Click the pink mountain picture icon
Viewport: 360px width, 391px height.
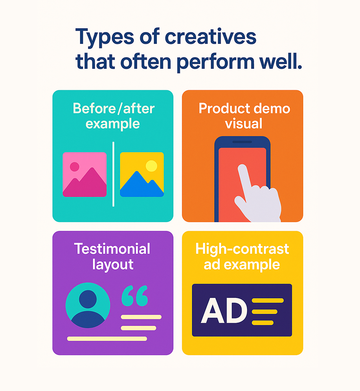(85, 174)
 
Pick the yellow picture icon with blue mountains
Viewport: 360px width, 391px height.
(142, 174)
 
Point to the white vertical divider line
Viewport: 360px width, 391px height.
(113, 174)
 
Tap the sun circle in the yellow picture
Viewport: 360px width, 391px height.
(151, 166)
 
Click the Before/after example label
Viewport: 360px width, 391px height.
(113, 116)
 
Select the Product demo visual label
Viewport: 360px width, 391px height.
(244, 116)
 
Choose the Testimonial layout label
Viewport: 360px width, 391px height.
(112, 256)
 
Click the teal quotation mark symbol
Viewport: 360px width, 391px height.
(134, 296)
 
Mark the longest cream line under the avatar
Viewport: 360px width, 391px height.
(107, 338)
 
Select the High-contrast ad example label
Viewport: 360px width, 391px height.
(242, 256)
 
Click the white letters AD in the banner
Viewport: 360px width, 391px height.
(224, 311)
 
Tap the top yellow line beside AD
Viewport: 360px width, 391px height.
(268, 300)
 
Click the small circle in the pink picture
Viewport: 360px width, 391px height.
(75, 166)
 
